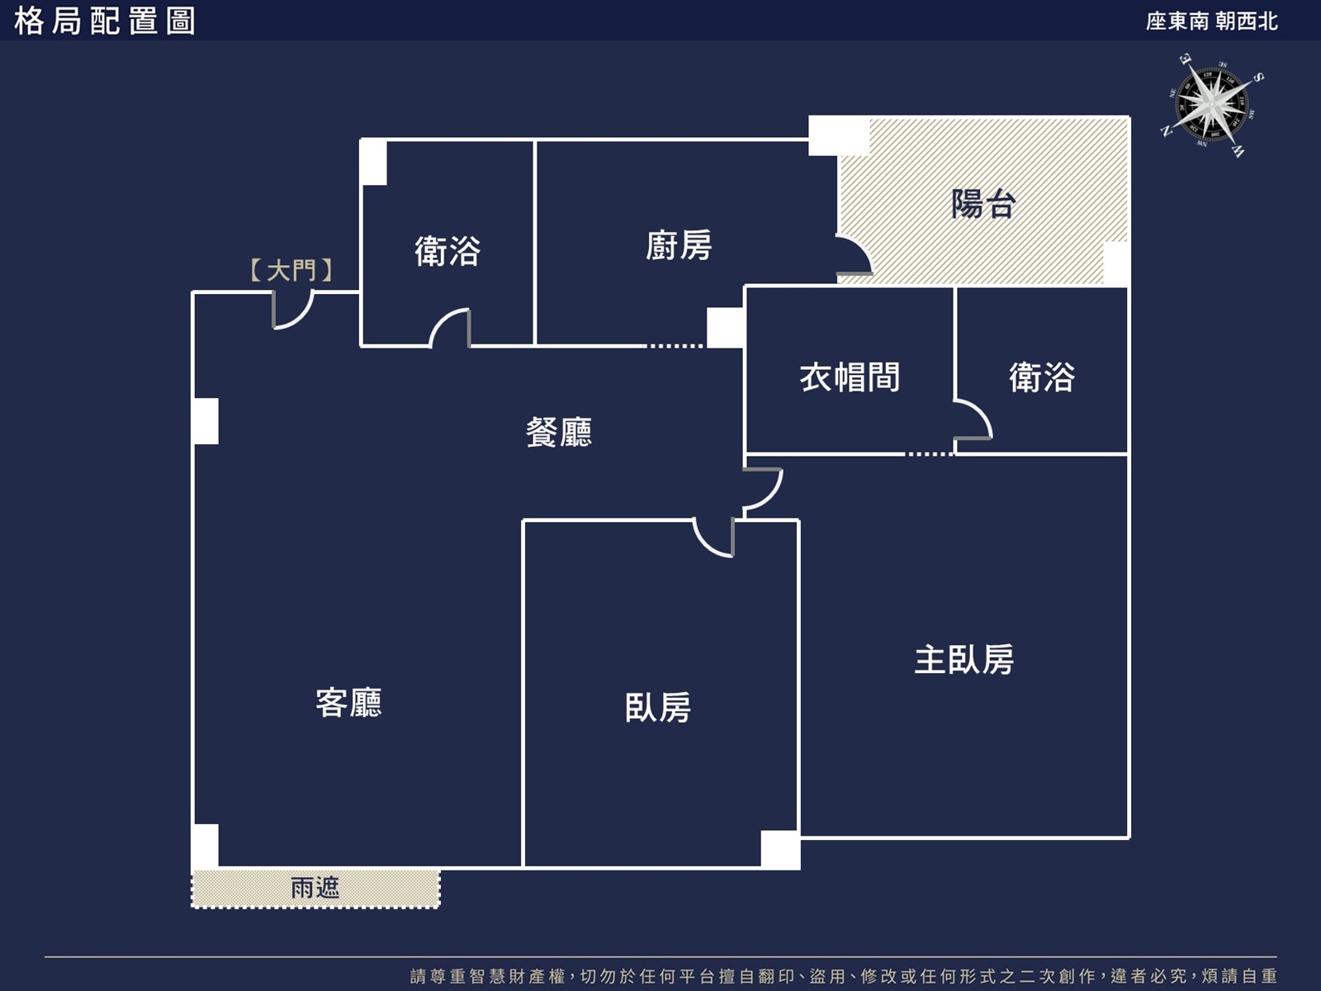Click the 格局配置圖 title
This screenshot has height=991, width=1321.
pos(104,21)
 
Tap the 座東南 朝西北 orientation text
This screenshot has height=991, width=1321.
pos(1211,21)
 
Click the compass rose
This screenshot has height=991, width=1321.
pos(1211,106)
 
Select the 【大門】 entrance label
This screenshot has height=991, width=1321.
pos(291,270)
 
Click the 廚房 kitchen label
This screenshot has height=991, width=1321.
pos(679,245)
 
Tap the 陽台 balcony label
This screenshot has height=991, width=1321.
pos(983,203)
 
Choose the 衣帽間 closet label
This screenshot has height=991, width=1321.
pos(850,377)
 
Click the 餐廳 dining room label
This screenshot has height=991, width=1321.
pos(559,432)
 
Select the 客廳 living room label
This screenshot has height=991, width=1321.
pos(349,702)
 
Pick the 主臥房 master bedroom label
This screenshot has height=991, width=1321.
pos(964,659)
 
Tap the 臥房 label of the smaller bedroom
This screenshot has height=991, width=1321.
pos(658,707)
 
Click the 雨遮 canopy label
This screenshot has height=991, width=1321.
pos(315,888)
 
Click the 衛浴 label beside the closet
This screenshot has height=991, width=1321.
pos(1042,377)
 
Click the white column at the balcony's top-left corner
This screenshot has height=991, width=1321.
pos(838,136)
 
